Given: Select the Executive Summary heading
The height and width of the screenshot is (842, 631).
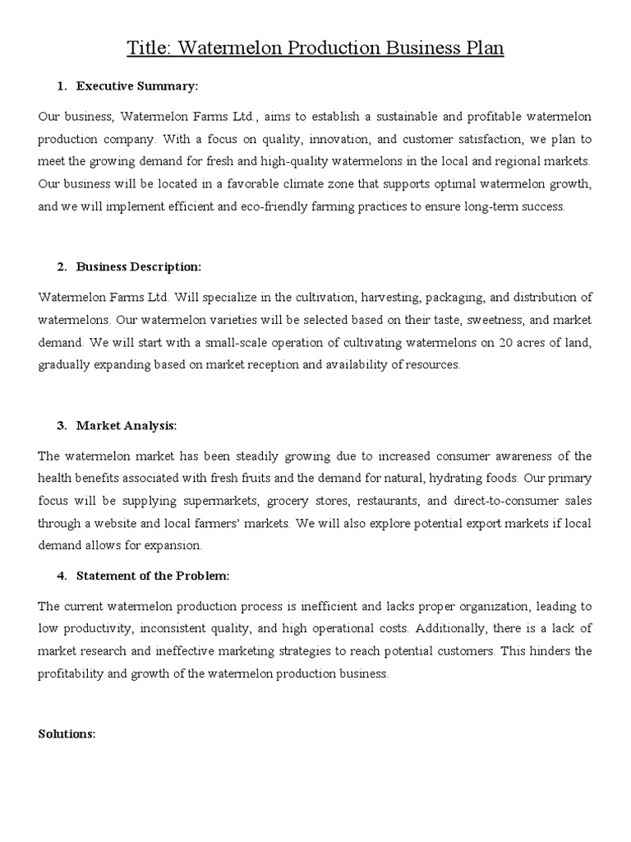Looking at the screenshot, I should coord(137,86).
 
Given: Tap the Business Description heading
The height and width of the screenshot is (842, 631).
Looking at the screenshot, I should coord(138,266).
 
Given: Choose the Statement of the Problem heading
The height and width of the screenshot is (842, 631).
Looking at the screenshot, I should coord(153,576).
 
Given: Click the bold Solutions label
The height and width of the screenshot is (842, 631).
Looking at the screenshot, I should coord(67,733).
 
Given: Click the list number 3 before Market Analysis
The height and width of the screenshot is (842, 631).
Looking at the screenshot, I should coord(62,425).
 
